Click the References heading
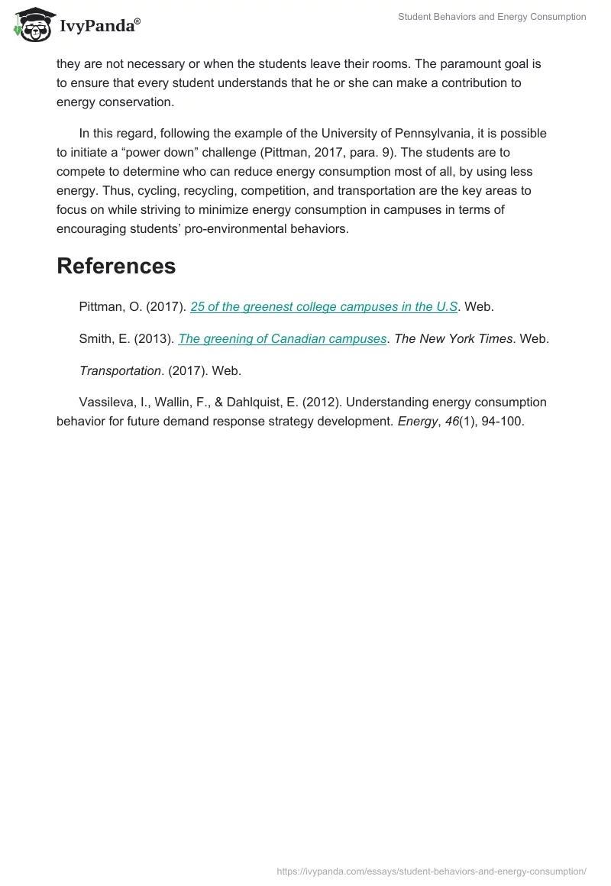click(x=116, y=266)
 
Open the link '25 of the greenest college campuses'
click(x=324, y=306)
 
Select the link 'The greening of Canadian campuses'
click(x=282, y=338)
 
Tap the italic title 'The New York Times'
click(x=453, y=338)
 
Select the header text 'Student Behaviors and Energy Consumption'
click(x=492, y=17)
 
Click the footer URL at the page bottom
click(x=431, y=871)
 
